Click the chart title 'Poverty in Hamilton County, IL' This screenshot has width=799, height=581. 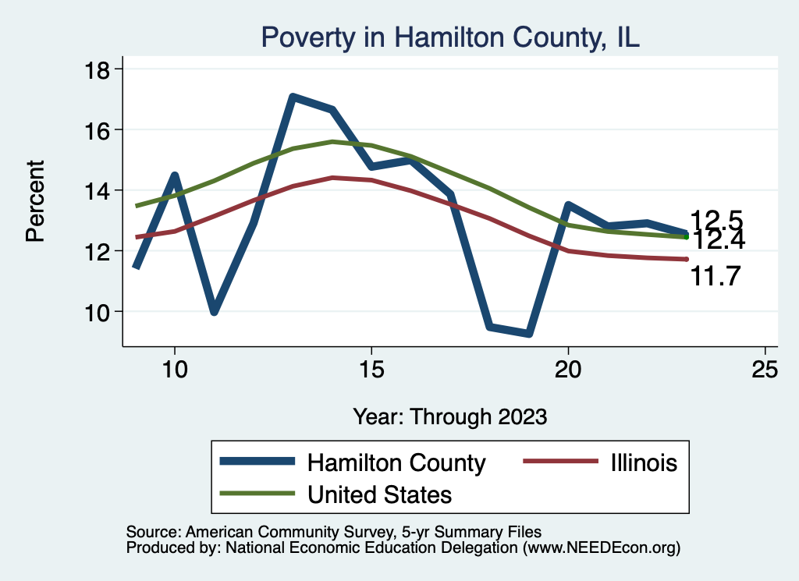[450, 37]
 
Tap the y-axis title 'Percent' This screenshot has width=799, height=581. [36, 200]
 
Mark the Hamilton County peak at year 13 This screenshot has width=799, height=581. [292, 97]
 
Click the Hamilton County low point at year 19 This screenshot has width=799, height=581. [529, 333]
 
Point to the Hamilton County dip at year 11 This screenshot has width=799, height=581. [213, 311]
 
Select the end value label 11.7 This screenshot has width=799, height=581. [715, 276]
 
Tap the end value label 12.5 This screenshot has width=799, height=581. [715, 219]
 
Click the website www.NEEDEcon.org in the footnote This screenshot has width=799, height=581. [601, 548]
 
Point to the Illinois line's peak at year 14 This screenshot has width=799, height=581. [332, 178]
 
